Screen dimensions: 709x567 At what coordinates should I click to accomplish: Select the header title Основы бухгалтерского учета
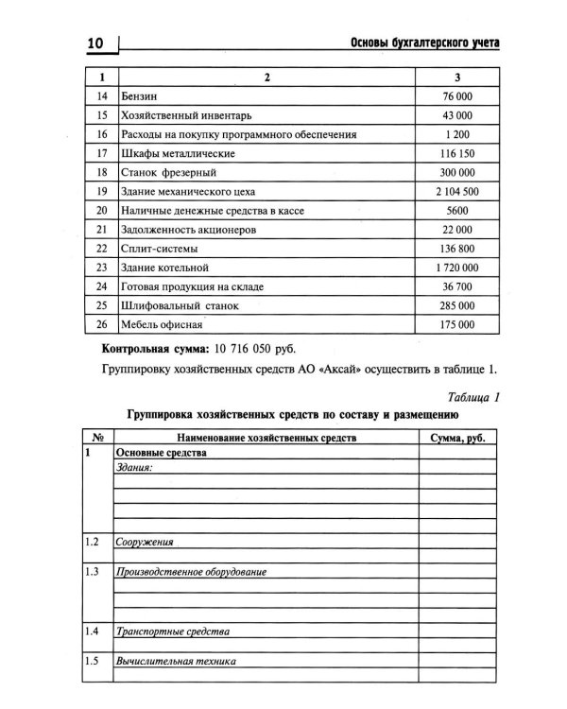click(423, 43)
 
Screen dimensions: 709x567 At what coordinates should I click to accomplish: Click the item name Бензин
click(140, 96)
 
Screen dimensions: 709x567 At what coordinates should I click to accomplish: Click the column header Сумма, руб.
click(457, 437)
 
